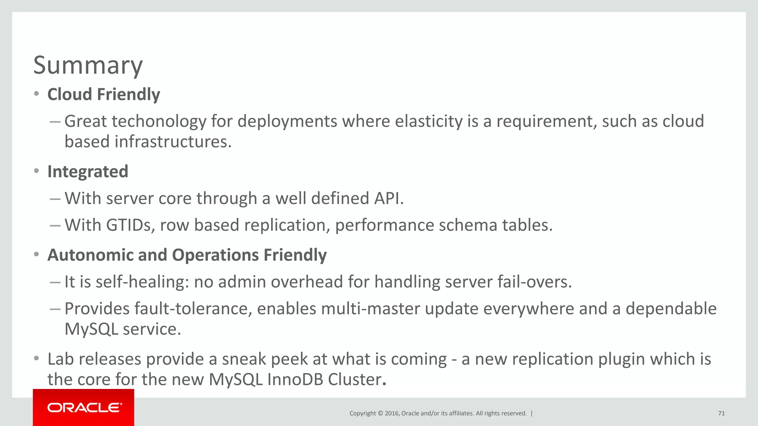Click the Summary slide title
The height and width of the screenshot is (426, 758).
pos(88,65)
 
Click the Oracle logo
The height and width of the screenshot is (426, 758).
pos(84,408)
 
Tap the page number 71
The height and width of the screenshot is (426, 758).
pos(721,413)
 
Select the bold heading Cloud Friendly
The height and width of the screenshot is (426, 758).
pos(104,94)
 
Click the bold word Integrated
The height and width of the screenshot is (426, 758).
pos(88,172)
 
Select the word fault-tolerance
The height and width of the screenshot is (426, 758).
pos(193,309)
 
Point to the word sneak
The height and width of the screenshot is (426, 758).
pos(244,359)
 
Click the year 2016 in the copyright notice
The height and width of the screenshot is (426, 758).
pos(392,413)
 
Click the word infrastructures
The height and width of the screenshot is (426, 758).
pos(173,142)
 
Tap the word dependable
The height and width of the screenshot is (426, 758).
pos(671,309)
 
